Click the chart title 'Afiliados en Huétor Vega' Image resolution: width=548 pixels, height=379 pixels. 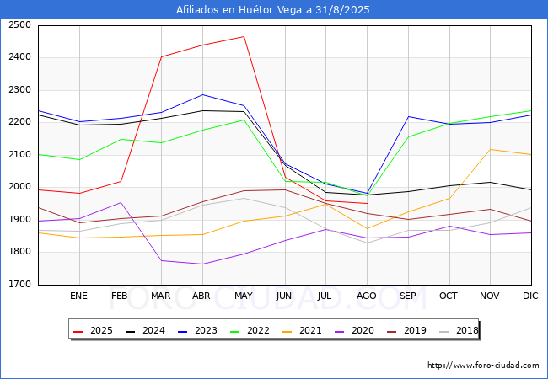pyautogui.click(x=273, y=10)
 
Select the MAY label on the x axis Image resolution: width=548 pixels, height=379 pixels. pyautogui.click(x=243, y=296)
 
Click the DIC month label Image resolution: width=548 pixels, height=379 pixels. pyautogui.click(x=530, y=296)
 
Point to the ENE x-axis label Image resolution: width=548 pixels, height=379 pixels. pyautogui.click(x=78, y=296)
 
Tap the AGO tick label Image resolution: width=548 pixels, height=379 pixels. pyautogui.click(x=367, y=296)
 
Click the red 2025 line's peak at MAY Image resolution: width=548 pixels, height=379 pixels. pyautogui.click(x=243, y=36)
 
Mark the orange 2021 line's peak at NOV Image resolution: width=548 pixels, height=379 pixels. pyautogui.click(x=490, y=150)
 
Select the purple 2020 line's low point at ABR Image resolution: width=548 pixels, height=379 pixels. pyautogui.click(x=201, y=264)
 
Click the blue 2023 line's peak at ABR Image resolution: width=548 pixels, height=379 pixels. pyautogui.click(x=201, y=94)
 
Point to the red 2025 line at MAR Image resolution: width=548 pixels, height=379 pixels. pyautogui.click(x=161, y=56)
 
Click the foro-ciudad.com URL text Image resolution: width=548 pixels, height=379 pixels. pyautogui.click(x=483, y=366)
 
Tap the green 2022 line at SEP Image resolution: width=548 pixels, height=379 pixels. pyautogui.click(x=408, y=136)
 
